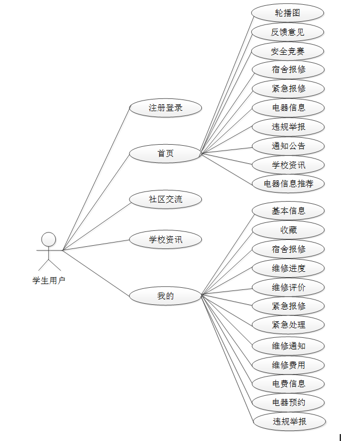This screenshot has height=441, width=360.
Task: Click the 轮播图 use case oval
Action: [x=288, y=13]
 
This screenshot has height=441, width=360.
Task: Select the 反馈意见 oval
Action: [x=288, y=32]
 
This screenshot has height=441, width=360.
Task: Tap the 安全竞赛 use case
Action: [x=288, y=51]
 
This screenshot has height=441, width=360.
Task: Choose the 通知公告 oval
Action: [x=288, y=146]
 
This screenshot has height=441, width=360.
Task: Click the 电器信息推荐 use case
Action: [x=288, y=184]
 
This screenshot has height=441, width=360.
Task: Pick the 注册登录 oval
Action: [x=166, y=108]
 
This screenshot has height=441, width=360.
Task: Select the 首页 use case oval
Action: [x=166, y=154]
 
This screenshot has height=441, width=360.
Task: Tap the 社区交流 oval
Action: [x=166, y=199]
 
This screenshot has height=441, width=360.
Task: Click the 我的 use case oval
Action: [x=166, y=296]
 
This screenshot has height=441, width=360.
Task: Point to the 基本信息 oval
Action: [x=288, y=211]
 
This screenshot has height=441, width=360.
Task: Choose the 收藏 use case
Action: [x=288, y=230]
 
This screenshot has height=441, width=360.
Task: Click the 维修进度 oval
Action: [x=288, y=268]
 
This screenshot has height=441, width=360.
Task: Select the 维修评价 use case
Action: [x=288, y=287]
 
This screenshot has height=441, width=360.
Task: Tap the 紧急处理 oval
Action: [x=288, y=324]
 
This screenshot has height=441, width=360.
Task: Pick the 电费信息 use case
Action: [x=288, y=384]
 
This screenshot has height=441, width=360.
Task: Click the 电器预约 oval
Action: [x=288, y=402]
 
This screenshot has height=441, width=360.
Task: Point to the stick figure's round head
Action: [x=48, y=239]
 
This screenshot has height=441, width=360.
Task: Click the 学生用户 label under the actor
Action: [x=48, y=280]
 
